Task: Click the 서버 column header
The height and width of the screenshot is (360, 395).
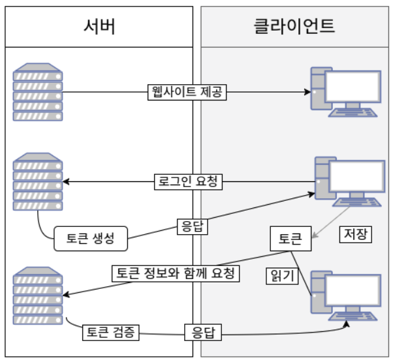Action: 99,27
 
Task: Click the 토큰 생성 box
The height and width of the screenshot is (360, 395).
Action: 91,238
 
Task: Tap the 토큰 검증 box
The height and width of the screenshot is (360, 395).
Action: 110,332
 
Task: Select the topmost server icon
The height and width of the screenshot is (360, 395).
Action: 38,92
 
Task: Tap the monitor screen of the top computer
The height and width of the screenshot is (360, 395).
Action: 353,87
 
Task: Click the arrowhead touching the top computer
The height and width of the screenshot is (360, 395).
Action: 305,92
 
